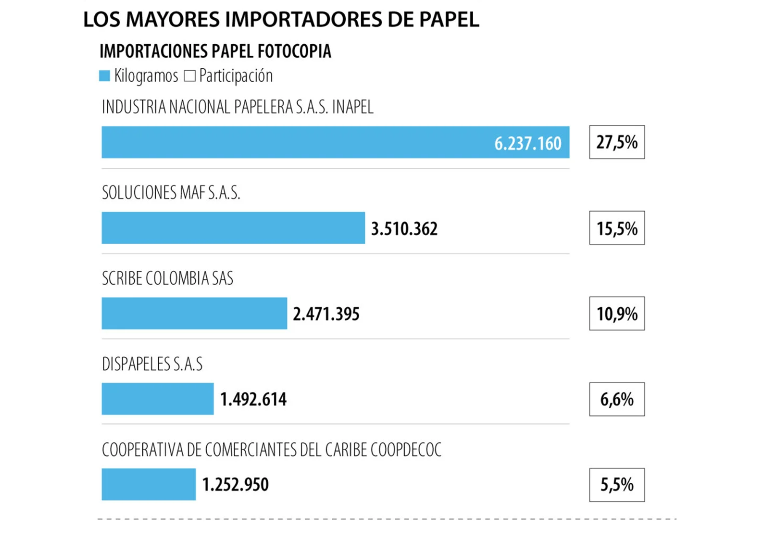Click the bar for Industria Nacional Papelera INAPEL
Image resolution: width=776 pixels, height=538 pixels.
[x=295, y=142]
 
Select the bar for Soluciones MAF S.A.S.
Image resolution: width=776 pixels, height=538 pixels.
[x=233, y=228]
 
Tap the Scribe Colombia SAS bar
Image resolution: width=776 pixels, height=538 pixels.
[x=194, y=313]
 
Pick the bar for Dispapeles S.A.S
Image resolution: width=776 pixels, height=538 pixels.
[x=157, y=399]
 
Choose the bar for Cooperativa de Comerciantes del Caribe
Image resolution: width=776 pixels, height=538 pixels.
[x=149, y=484]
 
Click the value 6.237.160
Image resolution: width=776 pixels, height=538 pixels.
[x=528, y=143]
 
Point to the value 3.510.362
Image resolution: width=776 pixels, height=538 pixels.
[x=404, y=229]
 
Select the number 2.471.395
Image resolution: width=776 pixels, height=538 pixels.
[x=326, y=314]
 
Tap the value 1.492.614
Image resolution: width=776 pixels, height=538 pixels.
[x=253, y=399]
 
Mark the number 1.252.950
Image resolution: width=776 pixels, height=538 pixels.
[x=235, y=484]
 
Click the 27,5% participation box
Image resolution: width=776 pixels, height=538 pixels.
[x=617, y=142]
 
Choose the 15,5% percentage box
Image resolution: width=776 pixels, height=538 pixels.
[x=617, y=228]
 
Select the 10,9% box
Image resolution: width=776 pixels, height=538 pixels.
[x=617, y=314]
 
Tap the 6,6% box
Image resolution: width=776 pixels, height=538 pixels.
[x=617, y=399]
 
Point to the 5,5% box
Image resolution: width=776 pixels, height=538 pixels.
[x=617, y=485]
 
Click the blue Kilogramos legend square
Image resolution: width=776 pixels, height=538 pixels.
[x=104, y=76]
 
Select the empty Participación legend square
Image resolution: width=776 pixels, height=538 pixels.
[x=190, y=76]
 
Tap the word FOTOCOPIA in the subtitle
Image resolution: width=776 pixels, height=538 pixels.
[x=294, y=51]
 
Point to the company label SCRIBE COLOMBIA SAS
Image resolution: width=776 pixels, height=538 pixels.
[x=168, y=278]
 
